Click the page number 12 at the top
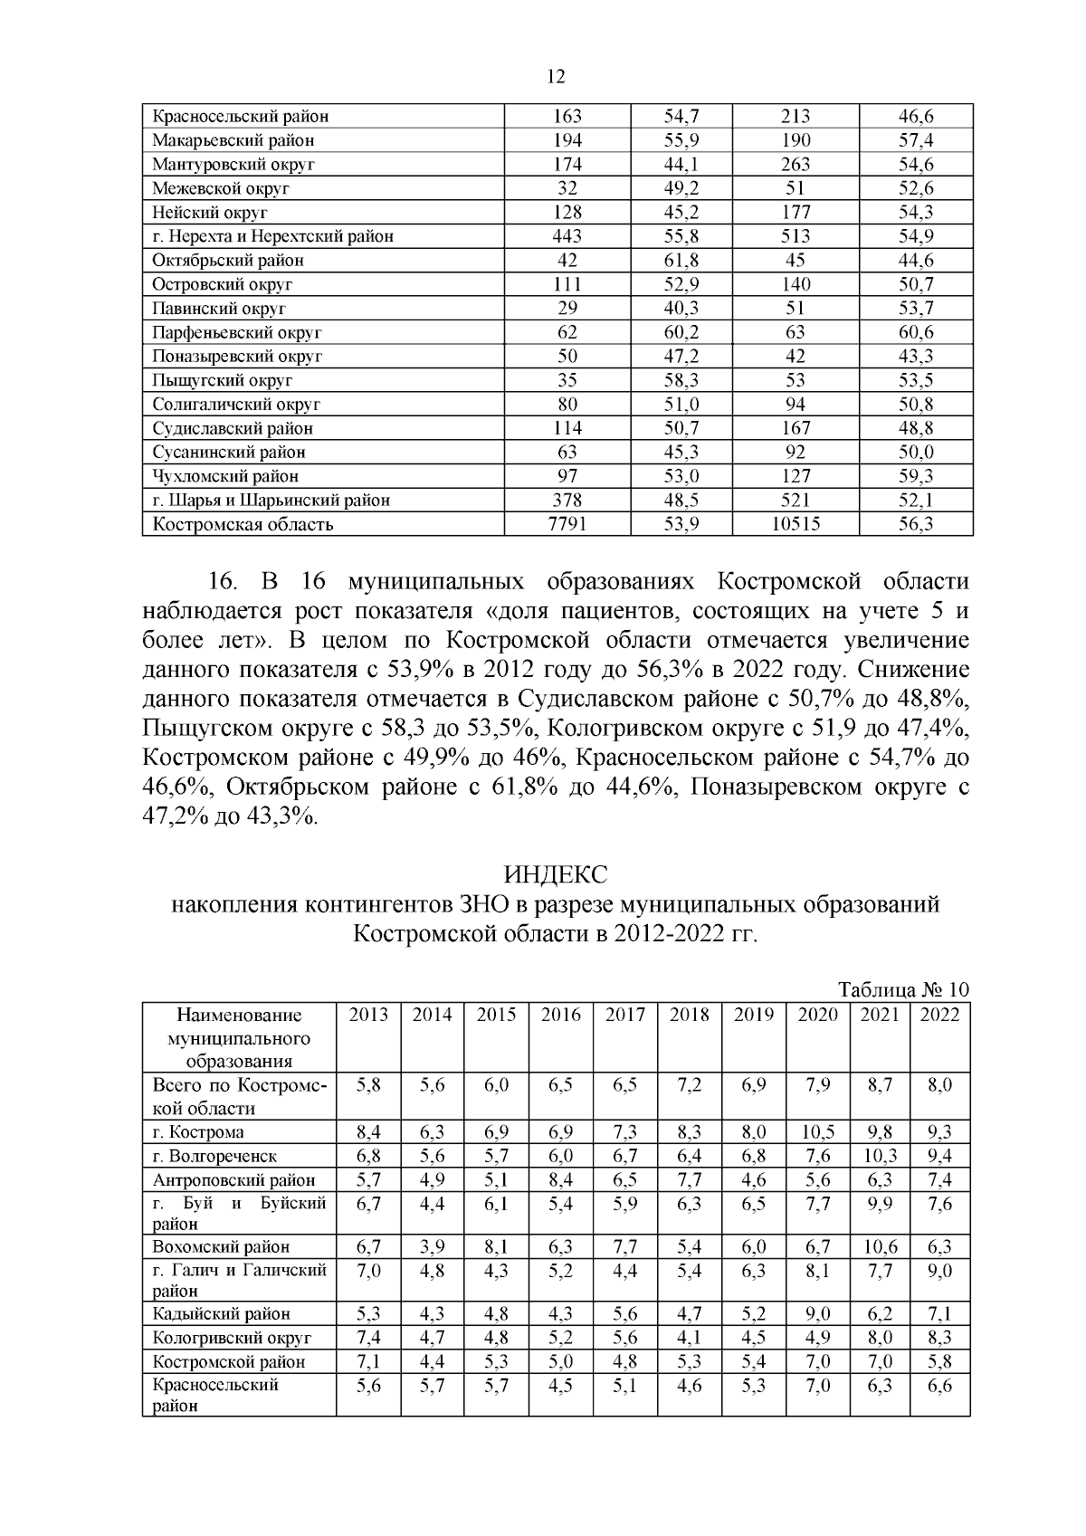click(556, 78)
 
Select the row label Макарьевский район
click(233, 140)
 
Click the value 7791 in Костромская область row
click(567, 524)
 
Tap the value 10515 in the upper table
click(795, 524)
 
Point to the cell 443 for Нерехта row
click(567, 236)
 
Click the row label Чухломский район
click(225, 476)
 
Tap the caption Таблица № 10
click(903, 989)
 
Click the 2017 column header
click(624, 1015)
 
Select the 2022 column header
click(939, 1015)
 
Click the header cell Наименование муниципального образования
click(239, 1037)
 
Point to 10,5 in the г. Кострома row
click(817, 1132)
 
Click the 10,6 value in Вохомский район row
click(880, 1247)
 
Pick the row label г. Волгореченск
click(215, 1156)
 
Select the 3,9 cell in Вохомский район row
click(432, 1247)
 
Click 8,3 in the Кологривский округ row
click(939, 1338)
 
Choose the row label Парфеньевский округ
click(236, 332)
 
